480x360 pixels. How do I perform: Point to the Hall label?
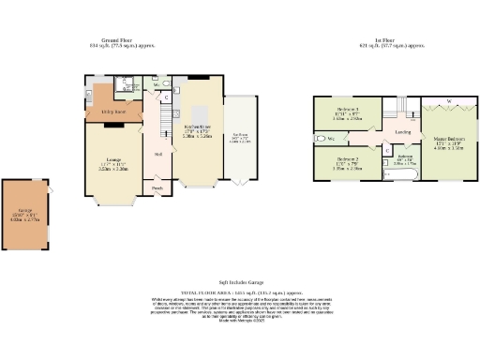pos(157,154)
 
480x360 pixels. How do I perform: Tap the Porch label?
pos(157,187)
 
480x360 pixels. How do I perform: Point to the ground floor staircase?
pos(160,117)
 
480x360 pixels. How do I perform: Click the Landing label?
pos(403,133)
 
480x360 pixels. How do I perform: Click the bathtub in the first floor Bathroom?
pos(396,174)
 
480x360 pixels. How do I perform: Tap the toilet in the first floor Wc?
pos(319,139)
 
